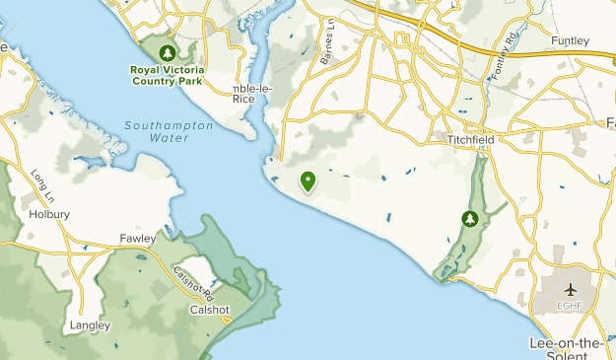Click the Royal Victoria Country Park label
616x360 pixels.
point(168,75)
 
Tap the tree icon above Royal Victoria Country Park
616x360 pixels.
point(168,51)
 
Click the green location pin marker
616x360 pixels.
point(308,180)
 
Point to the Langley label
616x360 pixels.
point(91,324)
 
